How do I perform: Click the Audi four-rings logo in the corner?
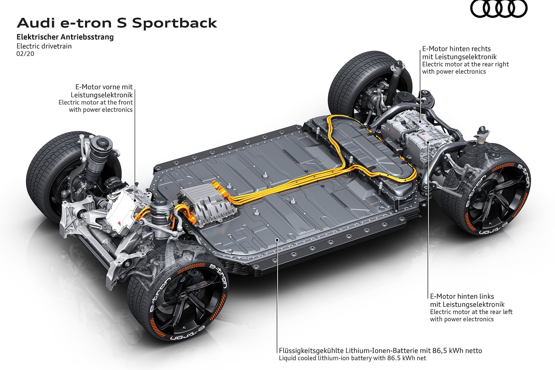499,9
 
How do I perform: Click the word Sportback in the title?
174,23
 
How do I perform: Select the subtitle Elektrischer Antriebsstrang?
65,37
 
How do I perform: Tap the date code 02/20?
25,54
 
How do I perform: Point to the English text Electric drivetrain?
44,46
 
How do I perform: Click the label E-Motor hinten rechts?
456,49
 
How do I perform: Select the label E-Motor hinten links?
462,296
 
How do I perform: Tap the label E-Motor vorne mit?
104,87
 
